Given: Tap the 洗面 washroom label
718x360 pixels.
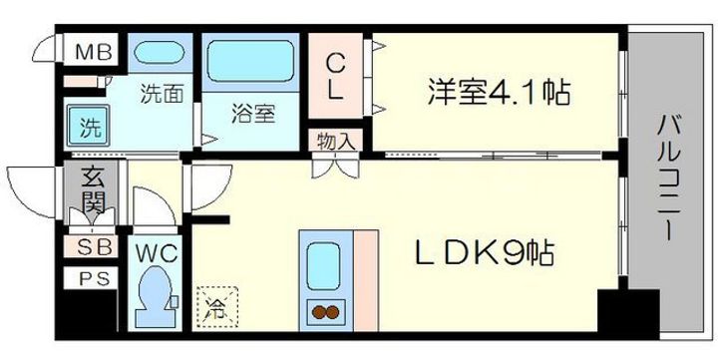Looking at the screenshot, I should (161, 96).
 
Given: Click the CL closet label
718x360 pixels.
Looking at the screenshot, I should (334, 74).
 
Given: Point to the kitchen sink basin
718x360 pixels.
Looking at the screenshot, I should (325, 265).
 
